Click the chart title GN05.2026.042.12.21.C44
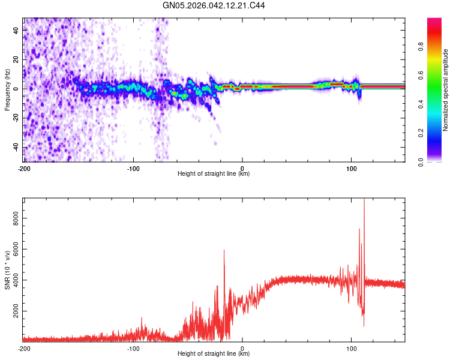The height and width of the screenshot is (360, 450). click(x=214, y=6)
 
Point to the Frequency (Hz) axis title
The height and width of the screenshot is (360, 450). click(x=7, y=91)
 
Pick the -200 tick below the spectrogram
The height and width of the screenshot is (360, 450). click(x=24, y=167)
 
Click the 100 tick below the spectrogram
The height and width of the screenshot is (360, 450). click(x=352, y=167)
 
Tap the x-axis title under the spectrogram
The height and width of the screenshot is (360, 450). click(x=214, y=174)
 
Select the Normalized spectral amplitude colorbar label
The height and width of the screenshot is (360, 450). click(x=446, y=91)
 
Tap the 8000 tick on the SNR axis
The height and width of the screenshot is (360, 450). click(x=13, y=221)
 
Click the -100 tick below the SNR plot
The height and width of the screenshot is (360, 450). click(x=133, y=348)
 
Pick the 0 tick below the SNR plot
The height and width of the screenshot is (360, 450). click(x=242, y=348)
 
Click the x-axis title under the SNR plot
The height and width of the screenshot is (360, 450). click(x=214, y=354)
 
